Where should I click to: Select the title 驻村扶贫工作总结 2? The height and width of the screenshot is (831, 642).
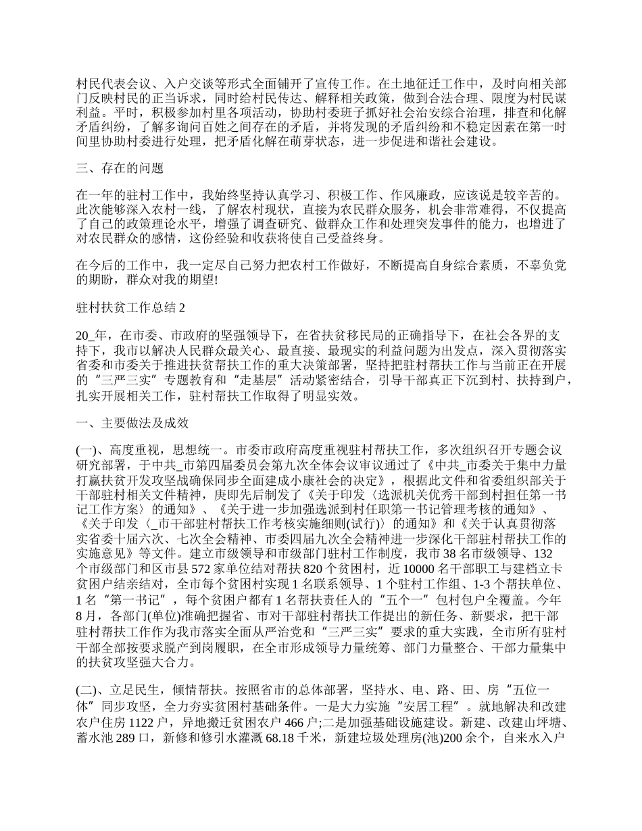(130, 307)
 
